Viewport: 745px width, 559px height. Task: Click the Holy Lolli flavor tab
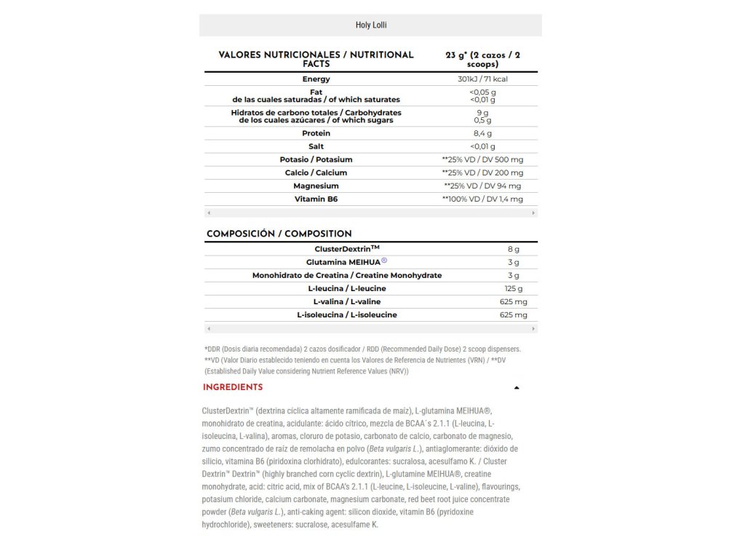pos(370,25)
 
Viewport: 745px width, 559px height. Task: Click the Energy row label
pos(316,79)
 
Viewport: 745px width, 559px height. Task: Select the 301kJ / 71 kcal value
pos(483,79)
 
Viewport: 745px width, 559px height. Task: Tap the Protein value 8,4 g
pos(483,133)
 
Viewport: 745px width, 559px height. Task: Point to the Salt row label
pos(316,146)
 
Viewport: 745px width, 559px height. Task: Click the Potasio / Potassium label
pos(316,159)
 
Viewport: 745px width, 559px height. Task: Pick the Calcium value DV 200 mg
pos(483,173)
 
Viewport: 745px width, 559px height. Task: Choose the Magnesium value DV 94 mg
pos(483,186)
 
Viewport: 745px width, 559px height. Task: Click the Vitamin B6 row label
pos(316,199)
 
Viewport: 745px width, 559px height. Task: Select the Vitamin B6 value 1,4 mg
pos(483,199)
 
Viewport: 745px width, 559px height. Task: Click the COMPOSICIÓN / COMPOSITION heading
pos(279,234)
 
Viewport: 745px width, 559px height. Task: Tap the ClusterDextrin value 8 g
pos(514,249)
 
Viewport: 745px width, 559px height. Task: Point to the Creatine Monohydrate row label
pos(346,275)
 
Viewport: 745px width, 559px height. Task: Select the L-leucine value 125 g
pos(514,288)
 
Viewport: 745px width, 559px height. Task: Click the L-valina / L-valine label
pos(346,301)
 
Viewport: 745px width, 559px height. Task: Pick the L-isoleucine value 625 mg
pos(514,314)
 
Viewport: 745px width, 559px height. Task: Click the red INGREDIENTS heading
pos(233,387)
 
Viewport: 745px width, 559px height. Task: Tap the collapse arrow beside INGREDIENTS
pos(517,388)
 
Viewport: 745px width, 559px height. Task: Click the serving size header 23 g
pos(483,59)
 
